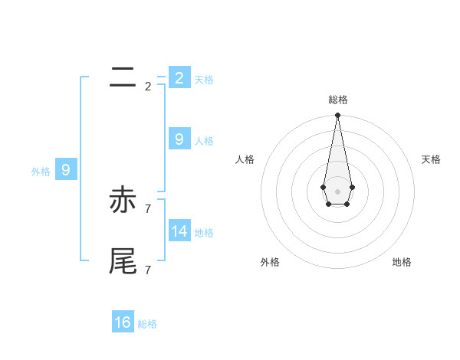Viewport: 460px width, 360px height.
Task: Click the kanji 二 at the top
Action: click(x=123, y=77)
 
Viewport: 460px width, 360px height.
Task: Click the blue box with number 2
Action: click(x=179, y=77)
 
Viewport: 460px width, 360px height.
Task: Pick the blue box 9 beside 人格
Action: click(x=179, y=139)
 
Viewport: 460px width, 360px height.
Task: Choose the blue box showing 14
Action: click(x=179, y=231)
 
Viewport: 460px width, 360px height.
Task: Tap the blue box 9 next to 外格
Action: click(x=66, y=170)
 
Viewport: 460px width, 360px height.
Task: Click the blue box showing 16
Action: click(x=123, y=322)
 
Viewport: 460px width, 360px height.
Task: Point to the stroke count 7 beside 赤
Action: click(x=148, y=208)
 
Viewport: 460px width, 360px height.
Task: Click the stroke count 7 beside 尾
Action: click(x=148, y=270)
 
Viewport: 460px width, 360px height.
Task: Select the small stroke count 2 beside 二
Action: click(x=148, y=86)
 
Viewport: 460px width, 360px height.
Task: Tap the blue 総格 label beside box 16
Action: click(x=147, y=324)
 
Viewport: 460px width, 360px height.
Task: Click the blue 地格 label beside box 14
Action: click(x=204, y=232)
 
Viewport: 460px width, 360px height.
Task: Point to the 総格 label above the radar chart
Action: click(x=337, y=100)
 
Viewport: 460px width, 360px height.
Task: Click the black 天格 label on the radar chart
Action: click(x=431, y=159)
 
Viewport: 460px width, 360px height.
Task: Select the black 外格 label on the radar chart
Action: click(x=270, y=262)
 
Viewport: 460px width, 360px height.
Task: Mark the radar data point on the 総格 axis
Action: click(x=337, y=116)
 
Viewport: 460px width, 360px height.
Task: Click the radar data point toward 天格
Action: click(x=352, y=187)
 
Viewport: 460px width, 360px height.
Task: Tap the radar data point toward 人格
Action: click(x=323, y=187)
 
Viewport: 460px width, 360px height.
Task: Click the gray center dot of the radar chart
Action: click(x=337, y=191)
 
